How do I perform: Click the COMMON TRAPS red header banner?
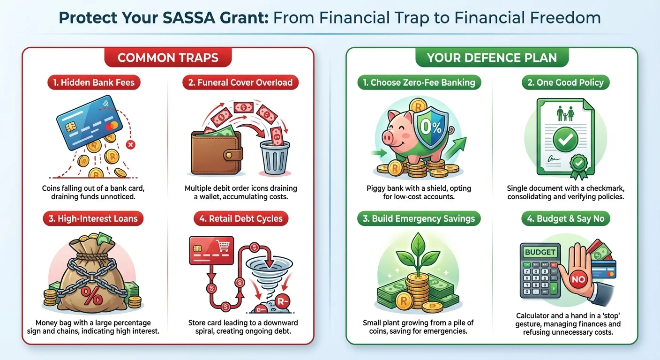click(168, 58)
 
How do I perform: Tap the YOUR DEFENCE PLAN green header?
click(492, 58)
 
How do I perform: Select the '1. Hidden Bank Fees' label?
click(94, 83)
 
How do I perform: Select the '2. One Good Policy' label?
click(565, 83)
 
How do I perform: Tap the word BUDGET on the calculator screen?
click(540, 252)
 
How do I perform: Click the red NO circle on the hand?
click(578, 280)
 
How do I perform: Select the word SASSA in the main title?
click(203, 18)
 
